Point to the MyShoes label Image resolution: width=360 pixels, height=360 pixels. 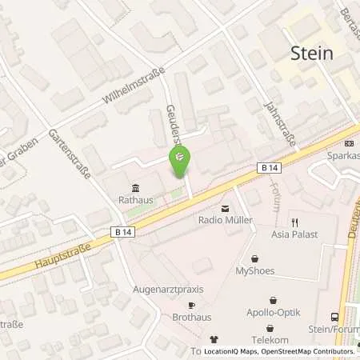(x=255, y=271)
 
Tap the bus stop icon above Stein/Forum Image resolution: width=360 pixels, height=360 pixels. (x=334, y=318)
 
